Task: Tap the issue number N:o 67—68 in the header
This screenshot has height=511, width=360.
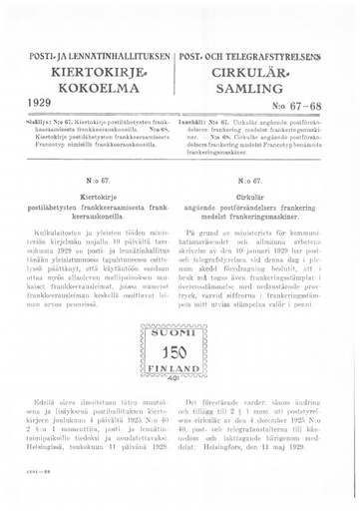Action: point(318,105)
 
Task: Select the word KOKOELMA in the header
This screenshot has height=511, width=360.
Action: point(92,87)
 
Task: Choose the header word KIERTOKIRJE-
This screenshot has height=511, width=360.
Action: point(92,71)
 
